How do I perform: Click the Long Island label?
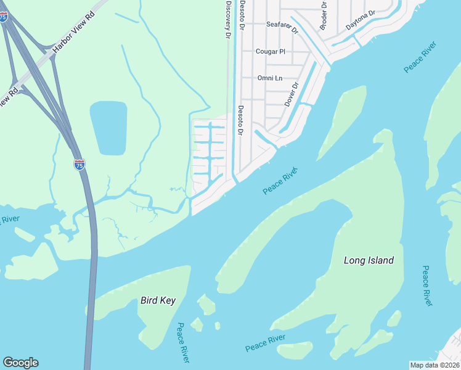(368, 260)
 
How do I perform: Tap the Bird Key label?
(158, 301)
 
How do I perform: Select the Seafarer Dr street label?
(282, 27)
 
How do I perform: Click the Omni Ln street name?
(269, 78)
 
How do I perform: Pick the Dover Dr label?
(291, 94)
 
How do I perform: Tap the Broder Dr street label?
(323, 15)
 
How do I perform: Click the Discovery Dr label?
(227, 20)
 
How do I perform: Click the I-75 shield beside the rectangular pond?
(79, 165)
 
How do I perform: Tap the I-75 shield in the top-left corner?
(4, 18)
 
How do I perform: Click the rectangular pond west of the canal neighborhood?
(108, 128)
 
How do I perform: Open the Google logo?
(20, 363)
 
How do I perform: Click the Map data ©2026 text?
(434, 364)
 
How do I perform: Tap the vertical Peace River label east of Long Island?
(426, 286)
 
